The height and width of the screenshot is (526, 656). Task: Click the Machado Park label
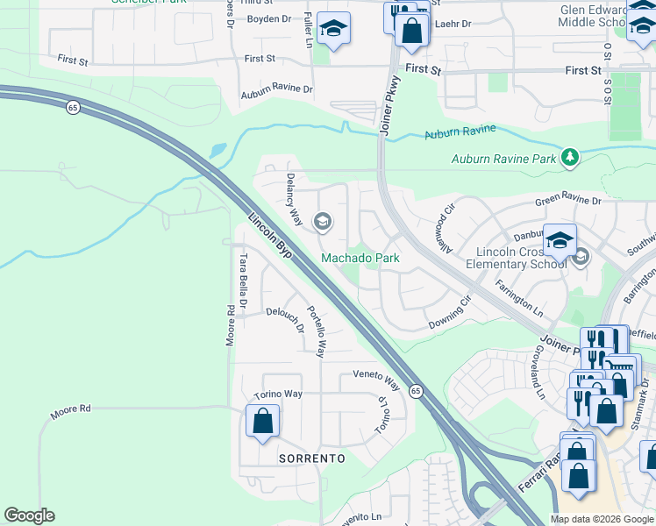(x=360, y=258)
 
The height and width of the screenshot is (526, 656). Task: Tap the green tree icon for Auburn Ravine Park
(x=571, y=158)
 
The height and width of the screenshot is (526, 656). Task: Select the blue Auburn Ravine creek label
(x=460, y=132)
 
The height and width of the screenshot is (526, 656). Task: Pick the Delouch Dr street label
(x=284, y=320)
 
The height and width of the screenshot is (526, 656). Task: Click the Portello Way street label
(x=316, y=331)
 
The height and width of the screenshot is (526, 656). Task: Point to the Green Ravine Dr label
(x=569, y=202)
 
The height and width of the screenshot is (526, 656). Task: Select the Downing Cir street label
(x=450, y=318)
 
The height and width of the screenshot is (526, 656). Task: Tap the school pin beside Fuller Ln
(x=333, y=29)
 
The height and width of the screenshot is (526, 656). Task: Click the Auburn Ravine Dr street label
(x=277, y=89)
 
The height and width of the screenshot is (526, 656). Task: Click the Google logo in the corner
(x=29, y=515)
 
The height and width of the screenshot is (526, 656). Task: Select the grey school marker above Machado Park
(x=322, y=222)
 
